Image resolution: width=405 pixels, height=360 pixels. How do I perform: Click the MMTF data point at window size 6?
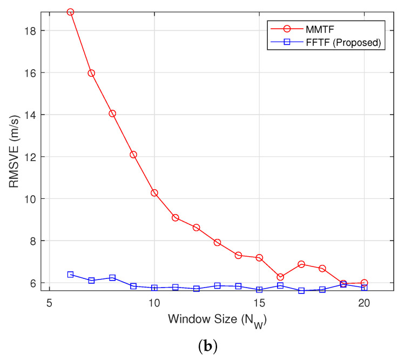[70, 12]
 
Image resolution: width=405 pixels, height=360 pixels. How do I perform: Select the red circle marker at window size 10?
[154, 193]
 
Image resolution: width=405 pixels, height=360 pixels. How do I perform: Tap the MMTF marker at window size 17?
[301, 264]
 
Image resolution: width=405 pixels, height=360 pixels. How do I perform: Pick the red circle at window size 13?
[217, 242]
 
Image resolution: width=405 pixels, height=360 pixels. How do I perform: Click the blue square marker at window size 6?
[70, 275]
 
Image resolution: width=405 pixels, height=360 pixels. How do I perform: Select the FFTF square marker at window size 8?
[112, 278]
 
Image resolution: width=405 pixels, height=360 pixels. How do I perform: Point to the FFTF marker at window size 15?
[259, 290]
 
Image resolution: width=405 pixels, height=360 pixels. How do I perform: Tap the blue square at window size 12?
[196, 289]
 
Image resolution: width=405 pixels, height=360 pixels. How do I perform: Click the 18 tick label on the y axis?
[30, 31]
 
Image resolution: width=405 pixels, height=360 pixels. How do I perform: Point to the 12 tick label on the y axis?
[30, 157]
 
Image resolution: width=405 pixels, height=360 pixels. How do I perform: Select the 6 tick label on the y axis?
[32, 283]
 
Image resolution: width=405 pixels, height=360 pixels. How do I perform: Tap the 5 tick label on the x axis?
[50, 303]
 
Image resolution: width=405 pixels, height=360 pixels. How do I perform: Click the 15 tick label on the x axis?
[259, 303]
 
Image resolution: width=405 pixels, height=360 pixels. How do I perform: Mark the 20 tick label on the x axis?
[364, 303]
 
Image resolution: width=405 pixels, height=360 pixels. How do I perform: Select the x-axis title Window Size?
[217, 319]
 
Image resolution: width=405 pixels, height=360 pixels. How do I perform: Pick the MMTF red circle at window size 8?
[112, 114]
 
